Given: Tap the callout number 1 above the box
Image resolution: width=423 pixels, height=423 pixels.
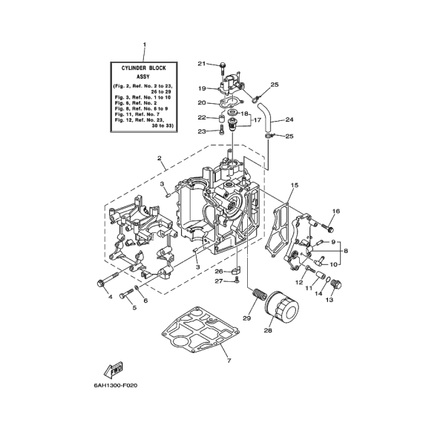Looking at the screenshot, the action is pyautogui.click(x=144, y=45).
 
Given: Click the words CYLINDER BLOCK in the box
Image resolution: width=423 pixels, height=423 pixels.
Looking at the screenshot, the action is pyautogui.click(x=143, y=68).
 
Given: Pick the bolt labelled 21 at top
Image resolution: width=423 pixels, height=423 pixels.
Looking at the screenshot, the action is pyautogui.click(x=223, y=68).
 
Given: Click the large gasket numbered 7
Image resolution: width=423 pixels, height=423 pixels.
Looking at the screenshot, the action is pyautogui.click(x=200, y=329).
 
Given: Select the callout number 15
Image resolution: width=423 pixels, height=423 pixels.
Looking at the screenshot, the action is pyautogui.click(x=295, y=186).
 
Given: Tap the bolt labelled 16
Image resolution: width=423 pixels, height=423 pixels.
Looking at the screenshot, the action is pyautogui.click(x=328, y=229).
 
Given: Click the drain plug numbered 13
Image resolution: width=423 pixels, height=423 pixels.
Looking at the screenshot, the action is pyautogui.click(x=336, y=285).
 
